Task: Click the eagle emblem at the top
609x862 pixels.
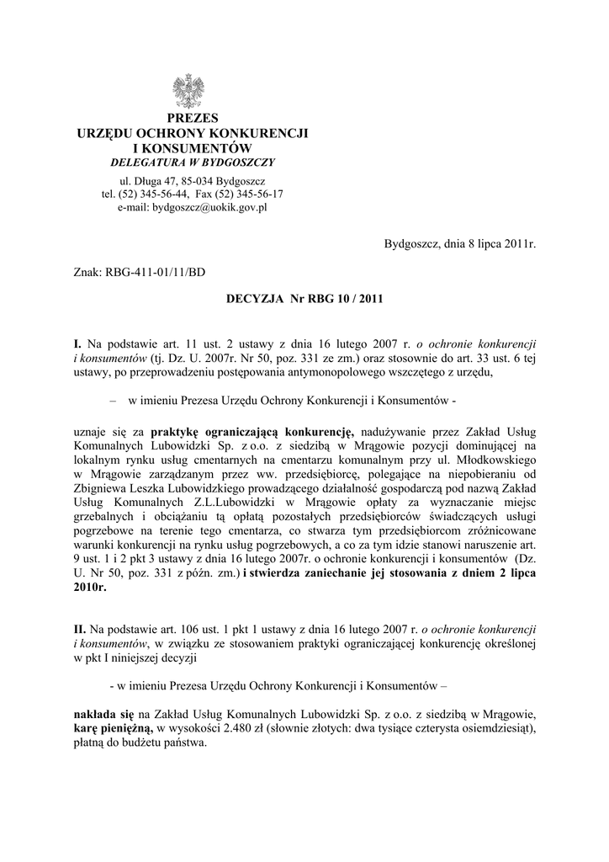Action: (192, 91)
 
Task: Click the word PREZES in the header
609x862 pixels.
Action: (193, 118)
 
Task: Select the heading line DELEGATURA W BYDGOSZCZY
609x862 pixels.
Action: (193, 162)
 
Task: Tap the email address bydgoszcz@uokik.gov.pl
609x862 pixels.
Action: (192, 207)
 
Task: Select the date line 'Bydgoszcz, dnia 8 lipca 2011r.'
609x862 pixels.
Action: (459, 244)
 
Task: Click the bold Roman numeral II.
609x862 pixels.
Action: (80, 629)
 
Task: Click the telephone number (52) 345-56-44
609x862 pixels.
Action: (157, 194)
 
